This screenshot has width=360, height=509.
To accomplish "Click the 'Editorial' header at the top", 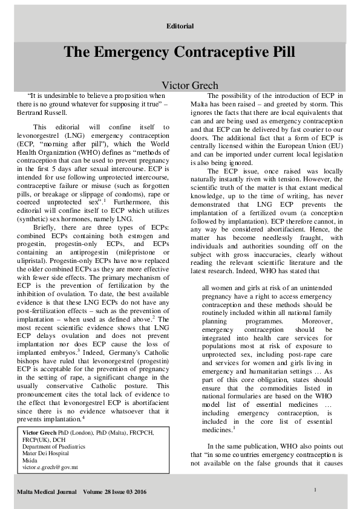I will pyautogui.click(x=180, y=26).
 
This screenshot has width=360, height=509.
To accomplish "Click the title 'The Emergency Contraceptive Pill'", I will pyautogui.click(x=180, y=52).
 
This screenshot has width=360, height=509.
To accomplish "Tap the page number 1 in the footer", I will pyautogui.click(x=316, y=488).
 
